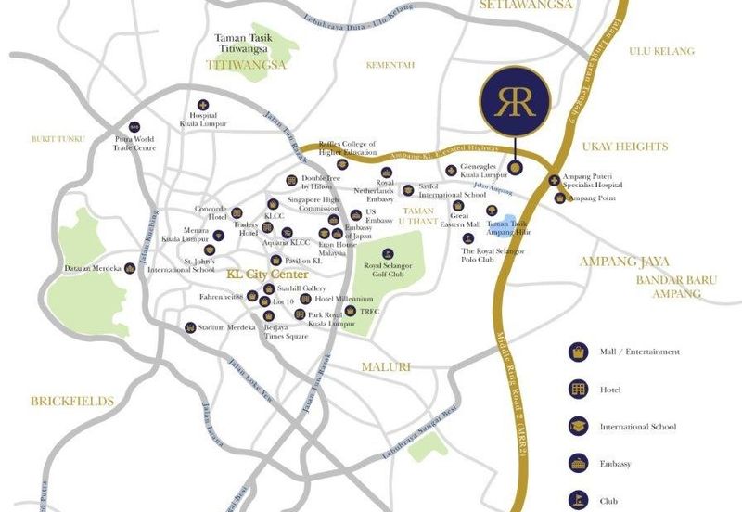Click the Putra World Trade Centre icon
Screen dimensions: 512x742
click(135, 126)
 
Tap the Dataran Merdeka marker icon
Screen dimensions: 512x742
click(130, 268)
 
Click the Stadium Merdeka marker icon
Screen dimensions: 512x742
click(190, 326)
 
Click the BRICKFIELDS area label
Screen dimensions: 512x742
click(72, 402)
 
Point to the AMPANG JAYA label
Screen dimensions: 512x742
click(623, 262)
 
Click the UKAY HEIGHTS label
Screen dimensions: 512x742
click(624, 147)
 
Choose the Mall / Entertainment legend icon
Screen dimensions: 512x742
click(579, 352)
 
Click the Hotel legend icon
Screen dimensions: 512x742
click(579, 390)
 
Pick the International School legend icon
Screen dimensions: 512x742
click(579, 427)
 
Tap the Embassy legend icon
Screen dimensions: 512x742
click(579, 463)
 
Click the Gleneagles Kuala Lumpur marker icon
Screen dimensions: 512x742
click(452, 170)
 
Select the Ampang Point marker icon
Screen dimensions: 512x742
click(559, 198)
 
